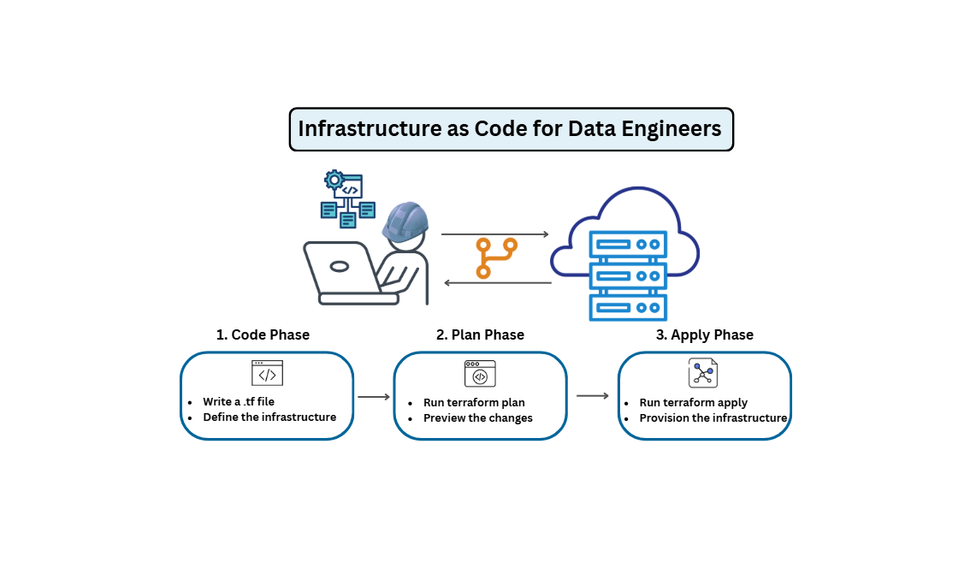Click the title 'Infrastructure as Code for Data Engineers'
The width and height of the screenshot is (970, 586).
tap(511, 129)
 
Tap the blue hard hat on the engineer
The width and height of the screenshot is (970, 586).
tap(405, 222)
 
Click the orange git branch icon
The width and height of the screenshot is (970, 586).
tap(496, 257)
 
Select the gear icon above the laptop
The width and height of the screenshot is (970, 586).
tap(334, 180)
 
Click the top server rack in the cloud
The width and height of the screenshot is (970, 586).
tap(629, 244)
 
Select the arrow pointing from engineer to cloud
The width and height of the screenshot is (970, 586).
tap(494, 234)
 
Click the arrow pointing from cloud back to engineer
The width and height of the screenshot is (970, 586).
tap(496, 282)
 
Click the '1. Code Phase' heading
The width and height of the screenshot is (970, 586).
tap(263, 334)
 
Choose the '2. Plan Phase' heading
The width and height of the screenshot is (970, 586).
tap(480, 334)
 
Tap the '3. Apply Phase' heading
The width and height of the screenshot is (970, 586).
tap(704, 334)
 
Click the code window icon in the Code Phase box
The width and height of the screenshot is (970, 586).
tap(267, 373)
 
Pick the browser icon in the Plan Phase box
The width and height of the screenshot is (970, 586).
tap(480, 374)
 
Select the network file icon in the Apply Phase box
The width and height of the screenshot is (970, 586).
tap(703, 373)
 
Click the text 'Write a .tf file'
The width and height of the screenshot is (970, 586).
tap(239, 401)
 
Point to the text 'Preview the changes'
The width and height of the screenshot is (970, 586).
tap(478, 418)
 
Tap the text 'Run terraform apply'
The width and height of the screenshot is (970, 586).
tap(694, 402)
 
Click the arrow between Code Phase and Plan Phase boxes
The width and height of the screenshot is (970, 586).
tap(373, 397)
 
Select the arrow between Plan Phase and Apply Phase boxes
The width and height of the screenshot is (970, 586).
tap(593, 395)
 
